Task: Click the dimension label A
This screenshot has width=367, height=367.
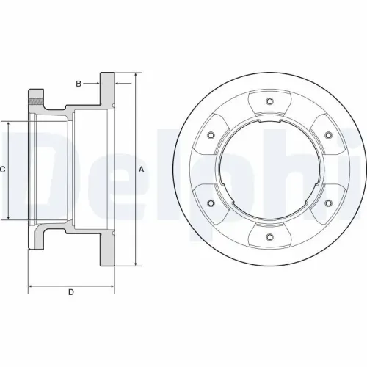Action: [x=142, y=170]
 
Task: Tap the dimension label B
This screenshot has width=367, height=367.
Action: [x=78, y=83]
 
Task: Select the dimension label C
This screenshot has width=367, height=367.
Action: [x=3, y=170]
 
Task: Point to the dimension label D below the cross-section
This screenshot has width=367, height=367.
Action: [x=71, y=293]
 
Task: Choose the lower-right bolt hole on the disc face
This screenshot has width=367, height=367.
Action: [x=327, y=203]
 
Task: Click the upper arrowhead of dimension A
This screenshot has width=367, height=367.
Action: [x=135, y=76]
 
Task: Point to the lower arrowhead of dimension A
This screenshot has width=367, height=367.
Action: [x=135, y=263]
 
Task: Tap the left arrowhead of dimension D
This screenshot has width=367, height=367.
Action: [x=31, y=283]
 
